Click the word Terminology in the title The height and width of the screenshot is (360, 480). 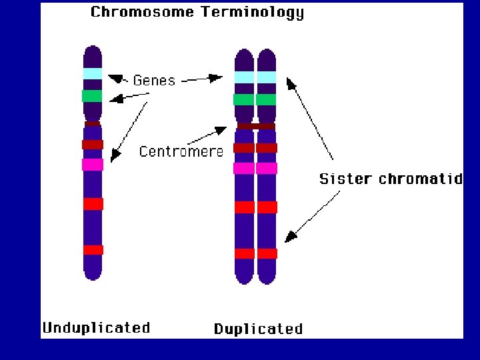[257, 13]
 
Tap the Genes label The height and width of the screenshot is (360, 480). [154, 81]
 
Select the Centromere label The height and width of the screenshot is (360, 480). [181, 152]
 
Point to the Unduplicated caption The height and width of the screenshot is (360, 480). [96, 327]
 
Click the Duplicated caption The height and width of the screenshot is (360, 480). [258, 329]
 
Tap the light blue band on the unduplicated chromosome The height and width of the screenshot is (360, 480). [93, 74]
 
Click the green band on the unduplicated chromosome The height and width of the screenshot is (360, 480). [92, 96]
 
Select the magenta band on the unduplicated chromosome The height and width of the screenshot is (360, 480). [93, 165]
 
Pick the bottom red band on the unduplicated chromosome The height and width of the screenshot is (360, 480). [93, 250]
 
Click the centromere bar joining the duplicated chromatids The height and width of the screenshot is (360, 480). [256, 126]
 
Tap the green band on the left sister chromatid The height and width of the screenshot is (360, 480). [244, 100]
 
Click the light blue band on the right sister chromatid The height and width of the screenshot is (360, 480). [267, 77]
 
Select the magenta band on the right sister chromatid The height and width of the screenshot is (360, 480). [267, 168]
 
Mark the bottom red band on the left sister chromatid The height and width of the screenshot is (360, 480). [245, 253]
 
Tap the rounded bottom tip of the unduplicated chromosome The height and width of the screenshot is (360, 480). [93, 274]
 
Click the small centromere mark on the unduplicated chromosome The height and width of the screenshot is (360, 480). [93, 123]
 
